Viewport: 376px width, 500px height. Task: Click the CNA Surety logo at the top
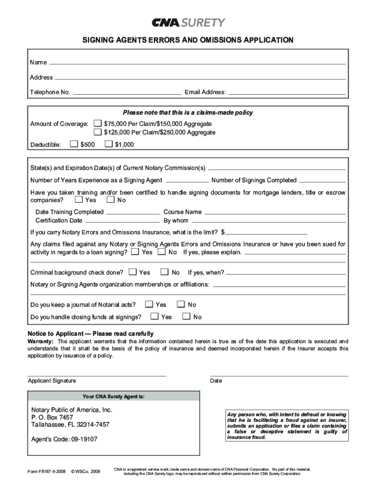pos(188,23)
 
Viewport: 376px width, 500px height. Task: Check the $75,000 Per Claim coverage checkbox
pos(98,124)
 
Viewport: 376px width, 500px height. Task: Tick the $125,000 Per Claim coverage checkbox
pos(98,132)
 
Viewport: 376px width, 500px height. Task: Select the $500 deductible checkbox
pos(74,144)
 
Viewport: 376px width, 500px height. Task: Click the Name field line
pos(197,63)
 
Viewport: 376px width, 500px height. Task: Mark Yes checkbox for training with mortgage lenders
pos(79,200)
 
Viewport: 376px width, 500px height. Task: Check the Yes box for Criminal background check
pos(132,272)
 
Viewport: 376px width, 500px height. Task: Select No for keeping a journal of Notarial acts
pos(181,304)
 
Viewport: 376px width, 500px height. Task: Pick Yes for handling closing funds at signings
pos(154,316)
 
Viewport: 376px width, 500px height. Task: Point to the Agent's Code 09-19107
pos(64,439)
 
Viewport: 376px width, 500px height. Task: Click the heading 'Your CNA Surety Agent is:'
pos(113,396)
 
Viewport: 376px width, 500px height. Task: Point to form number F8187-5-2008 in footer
pos(46,471)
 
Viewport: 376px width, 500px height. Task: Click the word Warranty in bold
pos(41,341)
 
